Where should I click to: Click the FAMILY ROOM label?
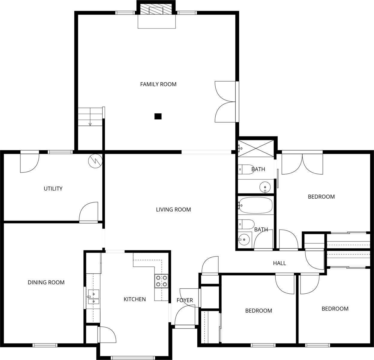click(158, 84)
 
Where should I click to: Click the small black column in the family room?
click(158, 116)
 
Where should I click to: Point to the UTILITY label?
click(53, 189)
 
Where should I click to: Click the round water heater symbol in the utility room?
click(95, 161)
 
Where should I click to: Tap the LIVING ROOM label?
click(173, 210)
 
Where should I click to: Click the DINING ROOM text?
click(46, 282)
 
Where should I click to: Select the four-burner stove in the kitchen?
click(161, 281)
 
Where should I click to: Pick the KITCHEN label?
click(135, 299)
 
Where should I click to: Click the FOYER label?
click(184, 300)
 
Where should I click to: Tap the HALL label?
click(279, 263)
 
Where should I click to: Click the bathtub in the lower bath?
click(256, 205)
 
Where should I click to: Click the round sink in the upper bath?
click(265, 187)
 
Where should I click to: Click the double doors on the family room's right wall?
click(226, 102)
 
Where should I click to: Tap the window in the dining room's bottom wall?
click(45, 345)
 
